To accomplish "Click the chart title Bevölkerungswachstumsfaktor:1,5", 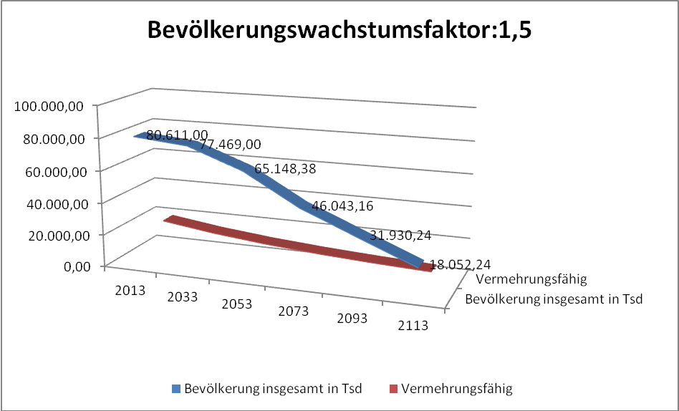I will pos(339,32).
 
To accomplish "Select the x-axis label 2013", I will pos(130,290).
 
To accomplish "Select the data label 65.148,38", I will pos(285,170).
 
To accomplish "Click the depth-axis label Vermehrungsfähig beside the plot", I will pos(531,280).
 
